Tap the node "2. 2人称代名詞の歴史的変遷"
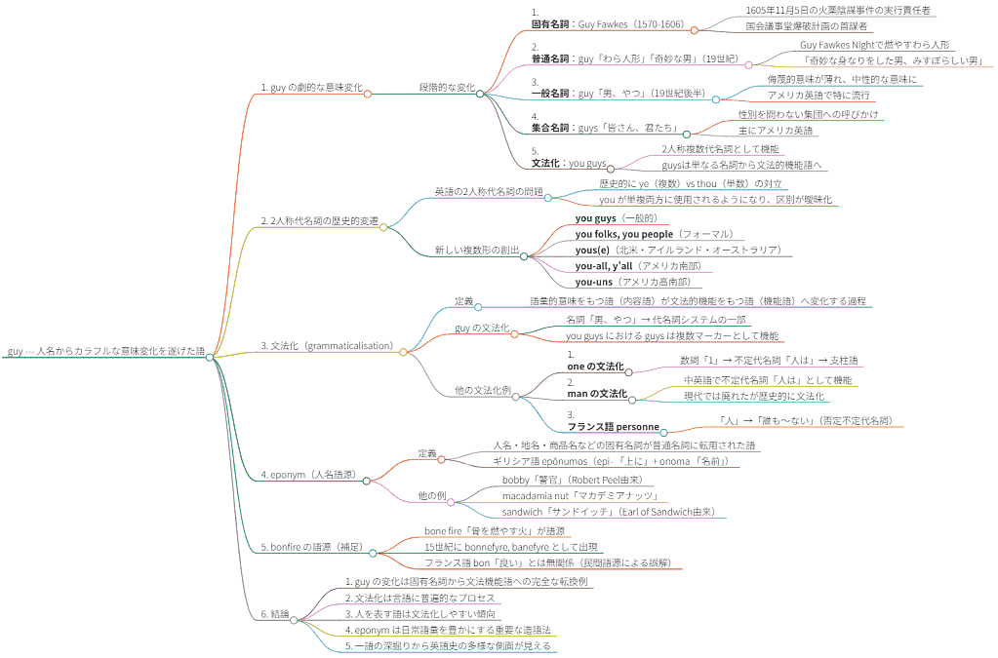coord(319,221)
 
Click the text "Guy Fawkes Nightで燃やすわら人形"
coord(874,45)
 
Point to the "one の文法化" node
coord(595,366)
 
